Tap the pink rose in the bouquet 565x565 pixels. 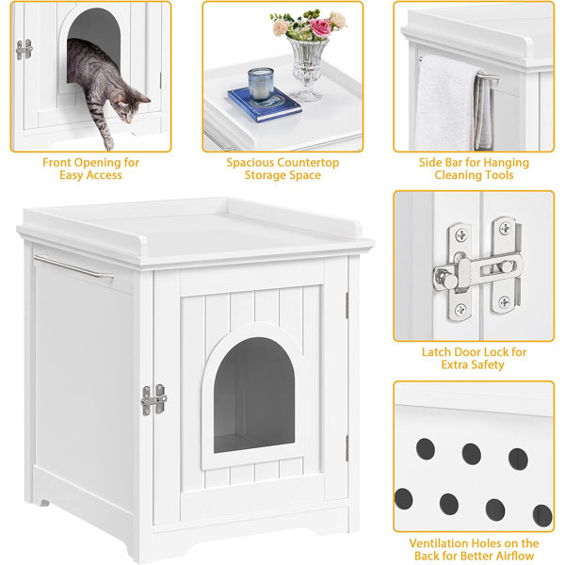[x=320, y=28]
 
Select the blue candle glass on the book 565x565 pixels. [x=261, y=85]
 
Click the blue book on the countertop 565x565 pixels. [x=265, y=105]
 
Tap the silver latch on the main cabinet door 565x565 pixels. [x=154, y=399]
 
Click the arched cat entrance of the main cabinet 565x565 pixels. [x=254, y=395]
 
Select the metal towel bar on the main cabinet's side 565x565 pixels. [x=73, y=267]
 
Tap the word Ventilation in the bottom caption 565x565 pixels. [x=439, y=543]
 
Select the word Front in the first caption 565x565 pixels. [x=55, y=163]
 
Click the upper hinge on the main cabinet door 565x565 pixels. [x=347, y=305]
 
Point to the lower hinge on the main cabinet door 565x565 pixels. [x=347, y=448]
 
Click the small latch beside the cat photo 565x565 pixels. [x=24, y=49]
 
